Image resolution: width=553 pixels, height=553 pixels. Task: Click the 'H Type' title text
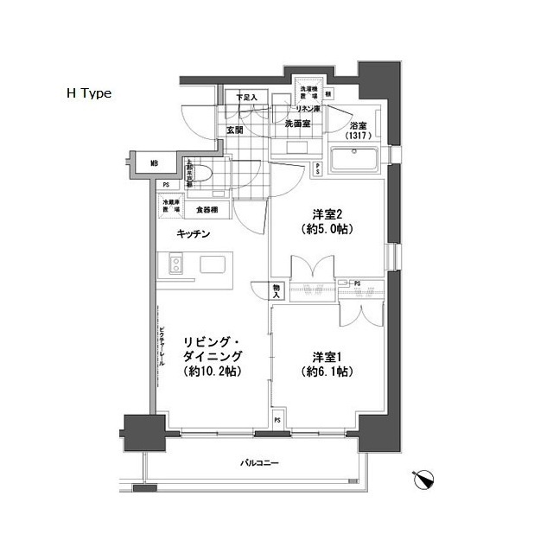pyautogui.click(x=89, y=94)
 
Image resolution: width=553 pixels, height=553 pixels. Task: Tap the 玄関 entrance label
pyautogui.click(x=234, y=130)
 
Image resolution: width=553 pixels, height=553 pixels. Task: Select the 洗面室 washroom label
pyautogui.click(x=298, y=124)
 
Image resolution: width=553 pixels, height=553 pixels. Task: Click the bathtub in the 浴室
pyautogui.click(x=355, y=160)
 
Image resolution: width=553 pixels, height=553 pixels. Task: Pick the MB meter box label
pyautogui.click(x=154, y=163)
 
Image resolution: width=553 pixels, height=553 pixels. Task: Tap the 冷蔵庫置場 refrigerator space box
pyautogui.click(x=170, y=207)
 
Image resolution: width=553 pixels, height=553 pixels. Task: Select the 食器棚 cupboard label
pyautogui.click(x=206, y=209)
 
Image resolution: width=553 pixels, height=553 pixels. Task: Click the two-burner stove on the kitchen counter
pyautogui.click(x=175, y=264)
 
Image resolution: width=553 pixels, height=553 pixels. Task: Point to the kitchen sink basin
pyautogui.click(x=213, y=264)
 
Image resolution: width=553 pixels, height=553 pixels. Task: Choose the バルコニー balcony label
pyautogui.click(x=259, y=465)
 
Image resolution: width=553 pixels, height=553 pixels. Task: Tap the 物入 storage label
pyautogui.click(x=276, y=291)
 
